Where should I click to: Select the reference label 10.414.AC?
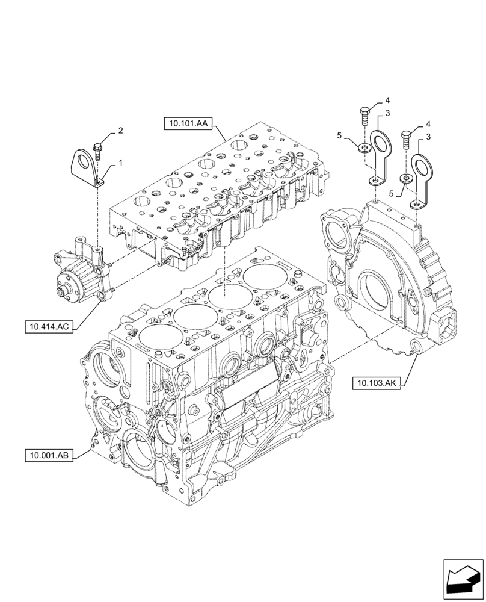coord(49,327)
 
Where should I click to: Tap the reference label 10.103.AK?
coord(377,382)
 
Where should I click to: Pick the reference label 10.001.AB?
coord(49,456)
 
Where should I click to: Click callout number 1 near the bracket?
coord(120,163)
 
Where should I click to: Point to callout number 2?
coord(120,130)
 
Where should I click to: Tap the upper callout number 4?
coord(387,100)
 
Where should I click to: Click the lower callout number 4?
coord(428,125)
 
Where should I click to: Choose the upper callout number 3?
coord(387,113)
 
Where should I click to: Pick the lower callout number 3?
coord(428,138)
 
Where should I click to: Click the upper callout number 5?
coord(340,137)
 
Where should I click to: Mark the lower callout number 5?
coord(392,194)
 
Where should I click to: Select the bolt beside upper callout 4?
coord(364,114)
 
